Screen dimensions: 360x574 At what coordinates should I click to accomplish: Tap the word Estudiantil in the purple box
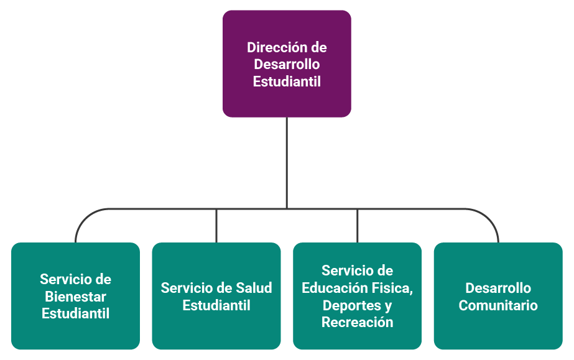click(287, 81)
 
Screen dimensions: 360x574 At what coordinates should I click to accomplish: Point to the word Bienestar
click(75, 297)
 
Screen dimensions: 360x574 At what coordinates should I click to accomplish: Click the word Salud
click(254, 288)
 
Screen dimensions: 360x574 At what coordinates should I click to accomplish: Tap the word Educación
click(338, 288)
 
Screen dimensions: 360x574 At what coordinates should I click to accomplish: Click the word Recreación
click(357, 322)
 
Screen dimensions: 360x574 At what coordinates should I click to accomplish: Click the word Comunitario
click(498, 305)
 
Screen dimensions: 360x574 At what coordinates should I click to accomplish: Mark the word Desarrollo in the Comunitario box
click(498, 288)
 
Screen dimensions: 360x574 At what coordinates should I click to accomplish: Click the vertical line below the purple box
click(287, 162)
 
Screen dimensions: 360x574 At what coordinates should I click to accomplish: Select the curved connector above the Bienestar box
click(81, 220)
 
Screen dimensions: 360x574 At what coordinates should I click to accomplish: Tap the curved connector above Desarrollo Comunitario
click(492, 220)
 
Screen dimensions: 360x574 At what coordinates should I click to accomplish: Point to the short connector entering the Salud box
click(216, 226)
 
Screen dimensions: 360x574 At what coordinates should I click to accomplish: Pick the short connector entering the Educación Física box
click(357, 226)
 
